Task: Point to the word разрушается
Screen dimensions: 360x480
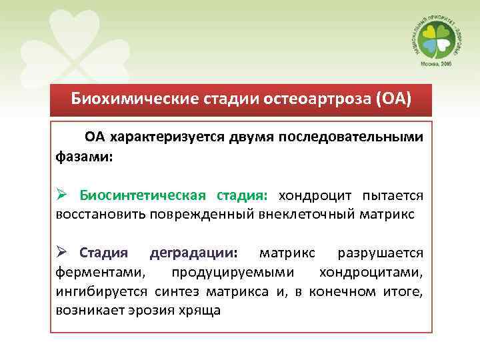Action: tap(381, 253)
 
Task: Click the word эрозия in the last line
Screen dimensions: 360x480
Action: tap(147, 311)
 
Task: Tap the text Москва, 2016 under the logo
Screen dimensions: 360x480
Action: tap(434, 65)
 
